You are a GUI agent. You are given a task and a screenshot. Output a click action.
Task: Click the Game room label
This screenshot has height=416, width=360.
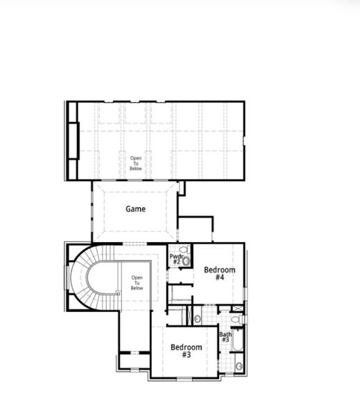point(135,208)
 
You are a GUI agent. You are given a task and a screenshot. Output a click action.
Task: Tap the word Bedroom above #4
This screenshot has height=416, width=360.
point(219,270)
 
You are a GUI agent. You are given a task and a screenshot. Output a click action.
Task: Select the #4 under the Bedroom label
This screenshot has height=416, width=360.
point(219,277)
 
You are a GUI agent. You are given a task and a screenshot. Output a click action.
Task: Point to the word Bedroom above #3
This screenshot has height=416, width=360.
point(187,347)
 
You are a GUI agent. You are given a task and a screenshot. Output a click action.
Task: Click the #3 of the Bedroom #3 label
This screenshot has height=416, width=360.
point(187,354)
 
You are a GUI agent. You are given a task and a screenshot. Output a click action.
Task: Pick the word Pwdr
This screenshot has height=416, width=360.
point(175,256)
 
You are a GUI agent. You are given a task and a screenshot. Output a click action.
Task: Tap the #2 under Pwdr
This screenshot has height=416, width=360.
point(175,262)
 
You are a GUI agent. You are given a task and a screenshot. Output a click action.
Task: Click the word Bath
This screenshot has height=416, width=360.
point(225,334)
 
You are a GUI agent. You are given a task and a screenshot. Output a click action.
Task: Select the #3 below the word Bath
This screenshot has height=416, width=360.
point(225,340)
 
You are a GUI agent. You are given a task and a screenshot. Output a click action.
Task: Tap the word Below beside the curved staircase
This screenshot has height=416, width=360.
point(137,288)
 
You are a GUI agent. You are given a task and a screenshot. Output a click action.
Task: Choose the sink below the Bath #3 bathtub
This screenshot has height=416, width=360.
point(239,365)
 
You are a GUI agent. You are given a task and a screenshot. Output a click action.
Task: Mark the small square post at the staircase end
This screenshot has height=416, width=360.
point(119,293)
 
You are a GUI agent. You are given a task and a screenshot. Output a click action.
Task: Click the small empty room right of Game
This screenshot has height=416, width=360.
point(196,229)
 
